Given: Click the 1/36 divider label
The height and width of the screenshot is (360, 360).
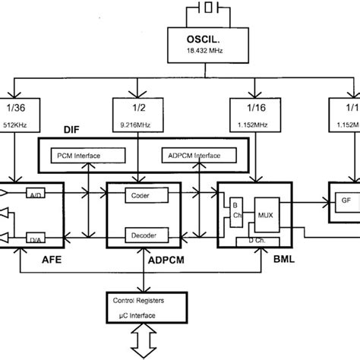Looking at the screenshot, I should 17,108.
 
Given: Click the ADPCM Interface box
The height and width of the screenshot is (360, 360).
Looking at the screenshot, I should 191,156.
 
